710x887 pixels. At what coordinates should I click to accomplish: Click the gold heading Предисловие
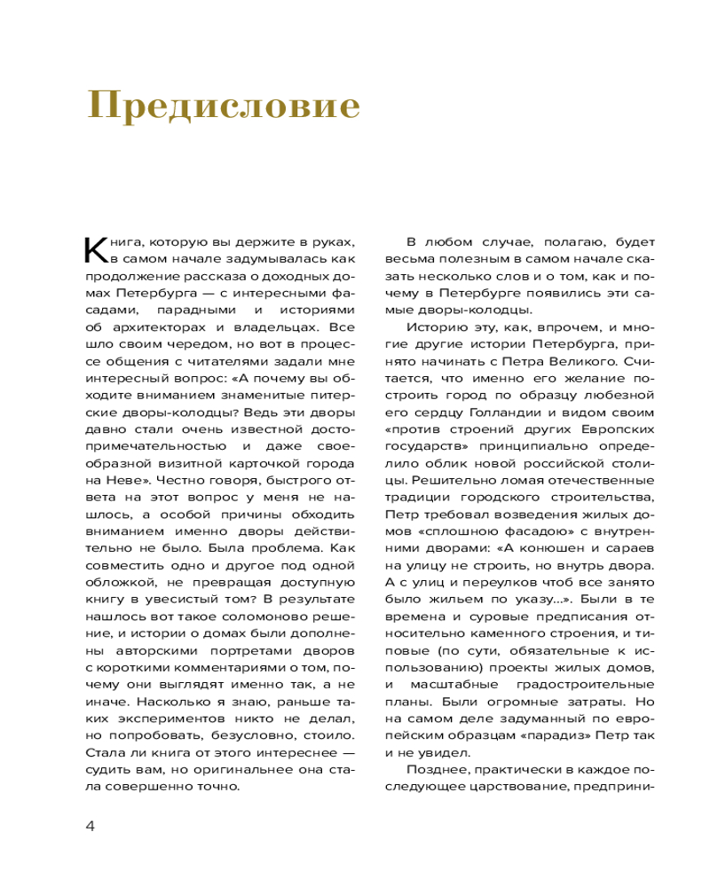[224, 106]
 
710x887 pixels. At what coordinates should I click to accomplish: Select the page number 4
[90, 826]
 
